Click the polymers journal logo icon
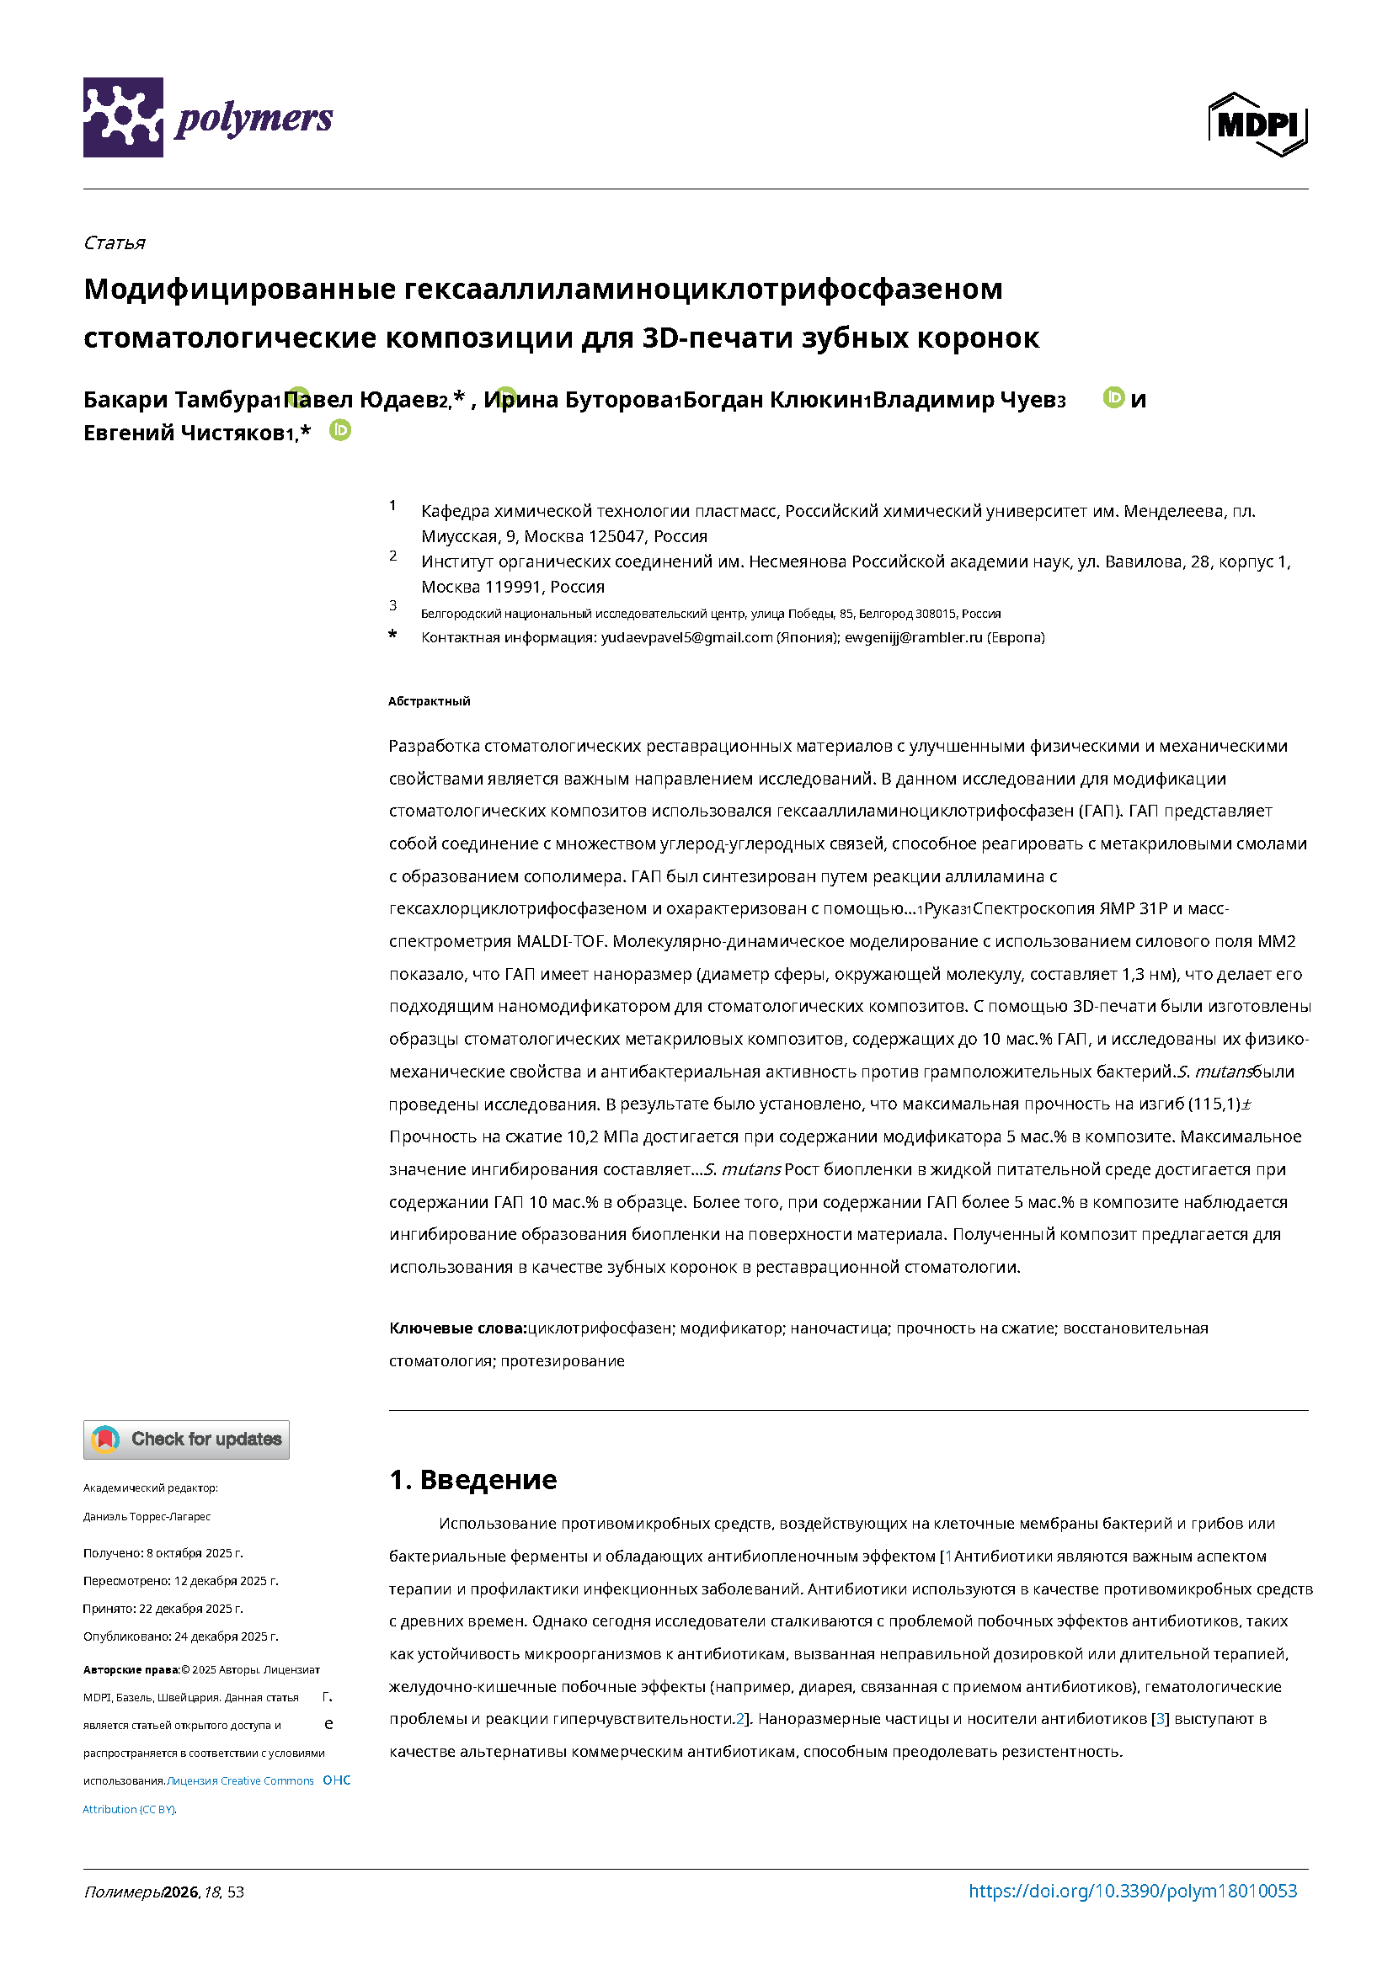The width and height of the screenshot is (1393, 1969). [123, 117]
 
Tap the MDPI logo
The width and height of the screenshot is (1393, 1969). [1257, 125]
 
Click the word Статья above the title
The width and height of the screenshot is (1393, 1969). [114, 242]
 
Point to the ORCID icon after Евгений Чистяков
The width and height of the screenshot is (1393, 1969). [340, 430]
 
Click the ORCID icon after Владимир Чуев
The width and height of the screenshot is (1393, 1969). [1113, 397]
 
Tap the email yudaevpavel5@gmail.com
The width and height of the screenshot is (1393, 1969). [686, 637]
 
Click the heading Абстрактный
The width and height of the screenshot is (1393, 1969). [429, 701]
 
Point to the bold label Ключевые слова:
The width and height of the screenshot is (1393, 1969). [457, 1328]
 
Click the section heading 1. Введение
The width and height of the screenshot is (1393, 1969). [472, 1479]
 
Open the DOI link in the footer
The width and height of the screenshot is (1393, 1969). [1132, 1891]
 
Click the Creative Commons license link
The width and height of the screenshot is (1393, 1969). [240, 1780]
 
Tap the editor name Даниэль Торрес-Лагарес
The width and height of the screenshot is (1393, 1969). [147, 1516]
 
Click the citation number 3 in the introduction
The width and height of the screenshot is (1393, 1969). [1161, 1719]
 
